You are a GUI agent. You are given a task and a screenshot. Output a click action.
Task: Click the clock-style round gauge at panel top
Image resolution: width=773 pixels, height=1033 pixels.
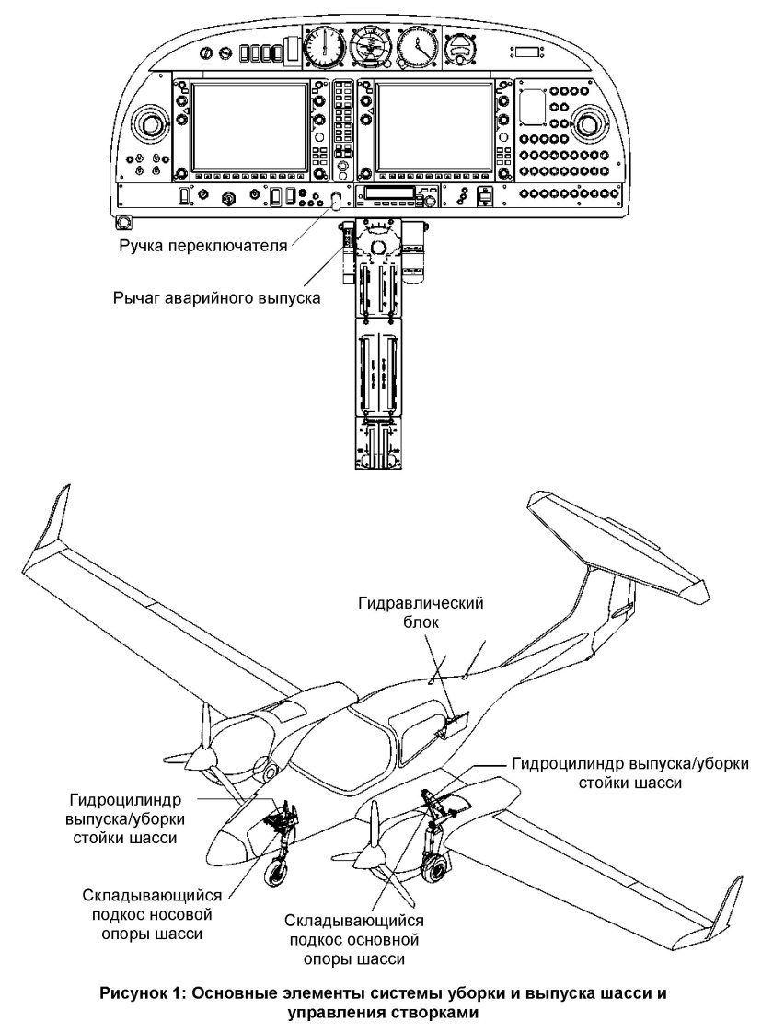click(418, 45)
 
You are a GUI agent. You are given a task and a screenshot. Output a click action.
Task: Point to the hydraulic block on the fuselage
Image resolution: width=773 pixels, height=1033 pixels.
click(457, 728)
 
